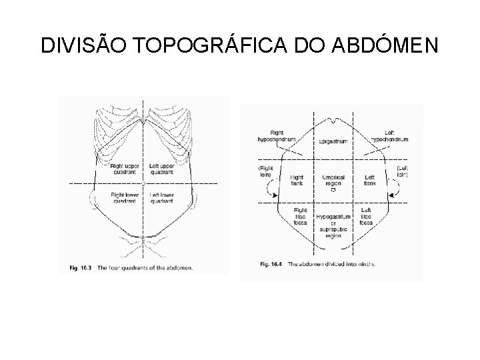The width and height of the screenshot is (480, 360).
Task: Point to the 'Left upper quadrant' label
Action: coord(162,169)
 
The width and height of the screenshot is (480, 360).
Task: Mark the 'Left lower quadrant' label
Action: coord(162,197)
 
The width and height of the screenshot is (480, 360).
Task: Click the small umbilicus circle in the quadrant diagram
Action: coord(143,183)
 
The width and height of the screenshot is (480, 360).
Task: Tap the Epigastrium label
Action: coord(331,142)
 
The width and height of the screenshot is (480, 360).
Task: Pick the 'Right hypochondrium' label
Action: coord(274,136)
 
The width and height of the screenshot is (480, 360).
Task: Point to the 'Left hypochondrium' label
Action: coord(389,136)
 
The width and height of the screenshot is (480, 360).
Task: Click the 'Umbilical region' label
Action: coord(331,179)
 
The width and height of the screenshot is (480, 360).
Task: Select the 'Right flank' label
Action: coord(298,180)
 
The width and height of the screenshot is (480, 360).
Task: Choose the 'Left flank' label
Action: coord(369,180)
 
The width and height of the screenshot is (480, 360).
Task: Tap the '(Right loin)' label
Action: coord(267,171)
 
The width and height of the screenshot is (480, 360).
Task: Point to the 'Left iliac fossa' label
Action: coord(366,215)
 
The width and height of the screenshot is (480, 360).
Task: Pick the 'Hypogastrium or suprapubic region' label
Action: coord(331,226)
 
